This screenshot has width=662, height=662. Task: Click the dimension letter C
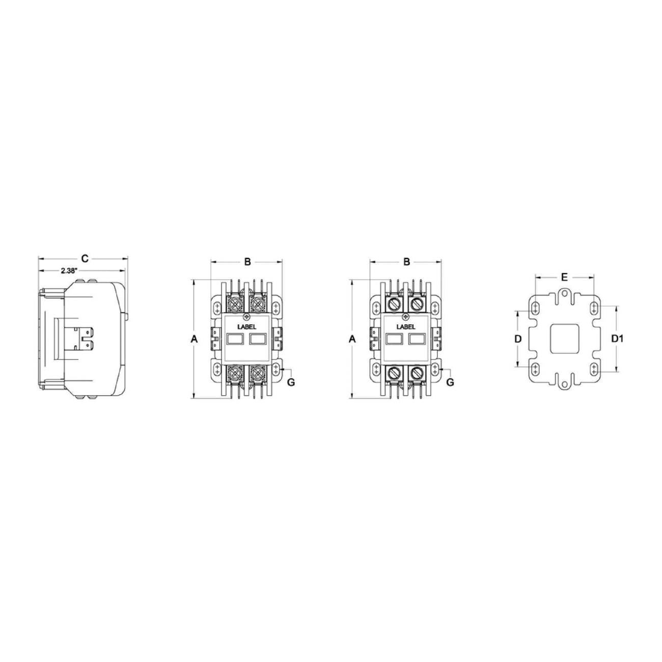(85, 259)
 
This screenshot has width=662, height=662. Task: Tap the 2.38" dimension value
(68, 271)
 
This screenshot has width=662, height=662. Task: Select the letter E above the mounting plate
(564, 277)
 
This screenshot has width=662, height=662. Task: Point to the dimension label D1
(618, 339)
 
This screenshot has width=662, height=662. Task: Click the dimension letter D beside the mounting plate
(517, 339)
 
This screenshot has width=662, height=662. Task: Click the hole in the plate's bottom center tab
(564, 384)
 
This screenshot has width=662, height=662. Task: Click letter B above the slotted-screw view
(406, 262)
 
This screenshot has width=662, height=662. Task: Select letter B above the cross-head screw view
(247, 262)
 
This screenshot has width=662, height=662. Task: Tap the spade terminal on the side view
(85, 339)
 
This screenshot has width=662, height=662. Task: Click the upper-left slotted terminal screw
(395, 305)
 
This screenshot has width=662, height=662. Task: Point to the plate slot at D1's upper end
(594, 308)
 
